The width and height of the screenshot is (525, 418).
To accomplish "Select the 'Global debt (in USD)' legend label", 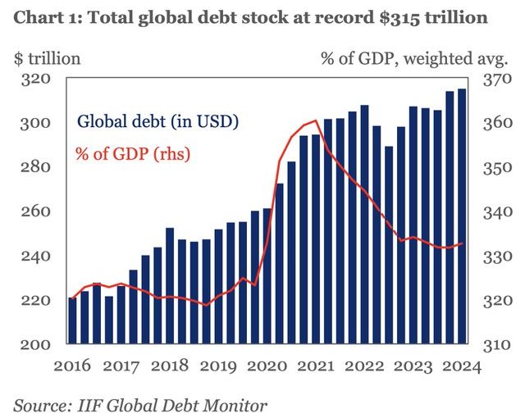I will coord(157,123).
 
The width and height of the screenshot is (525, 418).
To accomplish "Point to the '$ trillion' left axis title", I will coord(47,58).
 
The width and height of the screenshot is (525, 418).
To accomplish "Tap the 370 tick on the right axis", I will coord(496,80).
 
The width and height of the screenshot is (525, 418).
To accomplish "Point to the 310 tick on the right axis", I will coord(496,345).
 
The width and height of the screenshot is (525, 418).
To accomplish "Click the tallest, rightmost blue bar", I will coord(462,217).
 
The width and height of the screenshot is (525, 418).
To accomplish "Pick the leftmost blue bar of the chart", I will coord(72,321).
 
